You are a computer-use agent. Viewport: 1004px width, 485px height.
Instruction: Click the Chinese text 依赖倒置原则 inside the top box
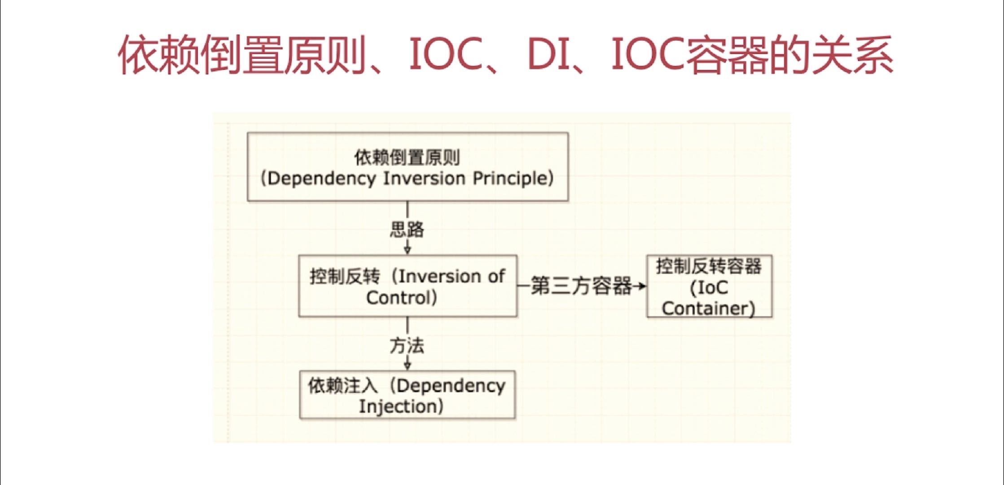407,158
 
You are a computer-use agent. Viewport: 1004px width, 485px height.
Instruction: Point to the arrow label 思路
407,230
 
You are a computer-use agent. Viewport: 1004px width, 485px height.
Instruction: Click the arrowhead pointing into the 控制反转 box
408,251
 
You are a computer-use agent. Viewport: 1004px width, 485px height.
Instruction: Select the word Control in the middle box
399,298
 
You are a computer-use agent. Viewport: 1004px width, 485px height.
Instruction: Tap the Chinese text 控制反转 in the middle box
345,277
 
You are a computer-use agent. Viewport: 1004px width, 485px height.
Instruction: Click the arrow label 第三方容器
582,286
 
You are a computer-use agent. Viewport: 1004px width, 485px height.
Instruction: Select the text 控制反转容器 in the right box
709,266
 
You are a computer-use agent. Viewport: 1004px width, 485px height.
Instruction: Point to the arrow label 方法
407,346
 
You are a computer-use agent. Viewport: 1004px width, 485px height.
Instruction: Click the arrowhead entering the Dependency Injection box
408,366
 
